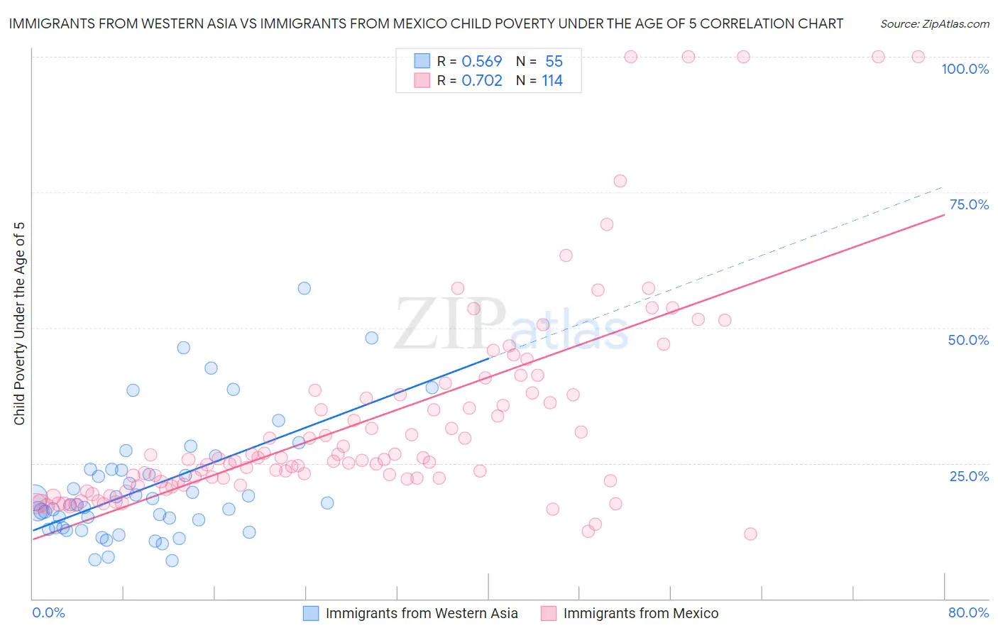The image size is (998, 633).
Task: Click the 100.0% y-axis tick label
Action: [x=965, y=69]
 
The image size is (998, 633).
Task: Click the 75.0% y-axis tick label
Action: [x=969, y=204]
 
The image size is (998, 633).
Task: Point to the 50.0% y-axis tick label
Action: [x=968, y=340]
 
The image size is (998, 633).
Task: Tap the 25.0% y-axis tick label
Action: [x=969, y=475]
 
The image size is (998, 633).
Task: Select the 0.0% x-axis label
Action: [x=48, y=612]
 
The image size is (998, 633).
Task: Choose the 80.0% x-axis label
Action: [x=968, y=612]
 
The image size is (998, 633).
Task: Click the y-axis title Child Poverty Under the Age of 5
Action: [x=19, y=323]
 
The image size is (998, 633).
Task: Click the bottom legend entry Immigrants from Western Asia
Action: [x=422, y=613]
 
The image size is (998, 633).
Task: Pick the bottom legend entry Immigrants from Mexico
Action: [x=640, y=613]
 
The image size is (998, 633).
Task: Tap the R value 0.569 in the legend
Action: [x=481, y=61]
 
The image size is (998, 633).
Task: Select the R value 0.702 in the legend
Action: [x=481, y=81]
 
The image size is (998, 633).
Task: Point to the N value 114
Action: [x=552, y=81]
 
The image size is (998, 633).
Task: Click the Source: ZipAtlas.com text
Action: [x=934, y=23]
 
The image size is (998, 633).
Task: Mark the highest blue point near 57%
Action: [x=304, y=288]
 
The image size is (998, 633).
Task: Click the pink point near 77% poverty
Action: [x=620, y=181]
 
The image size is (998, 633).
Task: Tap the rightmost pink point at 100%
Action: [x=918, y=57]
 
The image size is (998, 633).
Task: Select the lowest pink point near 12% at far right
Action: [x=750, y=534]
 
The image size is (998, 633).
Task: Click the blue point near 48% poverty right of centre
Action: [x=371, y=338]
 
